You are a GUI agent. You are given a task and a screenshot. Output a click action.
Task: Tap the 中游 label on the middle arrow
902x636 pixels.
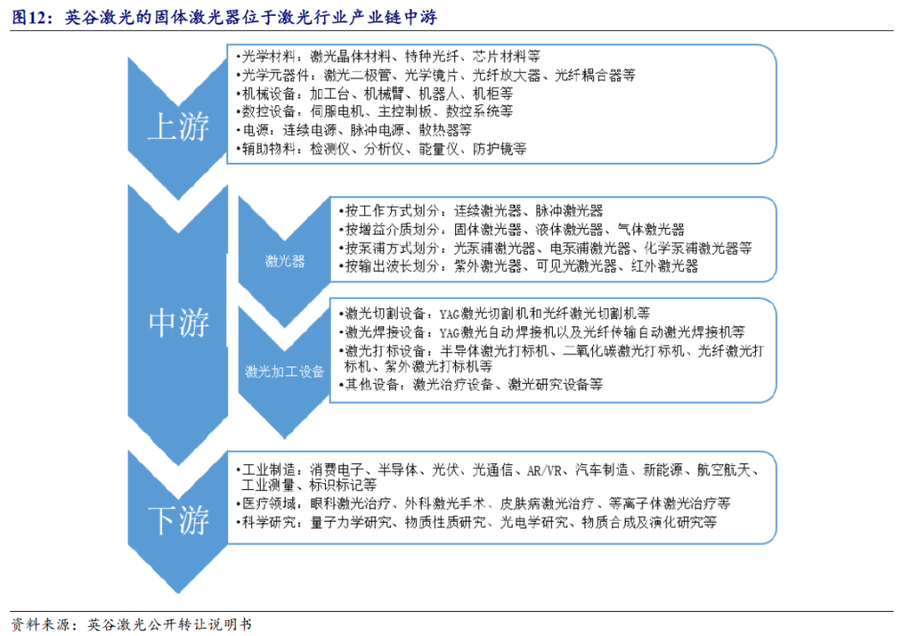click(x=178, y=322)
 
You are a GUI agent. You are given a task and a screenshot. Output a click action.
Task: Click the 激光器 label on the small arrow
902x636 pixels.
click(x=284, y=261)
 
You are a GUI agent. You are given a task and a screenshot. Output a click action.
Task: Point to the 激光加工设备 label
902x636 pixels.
click(x=284, y=371)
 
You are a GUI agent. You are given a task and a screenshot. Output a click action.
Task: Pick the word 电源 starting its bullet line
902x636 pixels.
click(x=255, y=130)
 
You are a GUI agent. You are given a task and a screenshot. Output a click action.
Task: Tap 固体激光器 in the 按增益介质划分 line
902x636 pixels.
click(x=487, y=230)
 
